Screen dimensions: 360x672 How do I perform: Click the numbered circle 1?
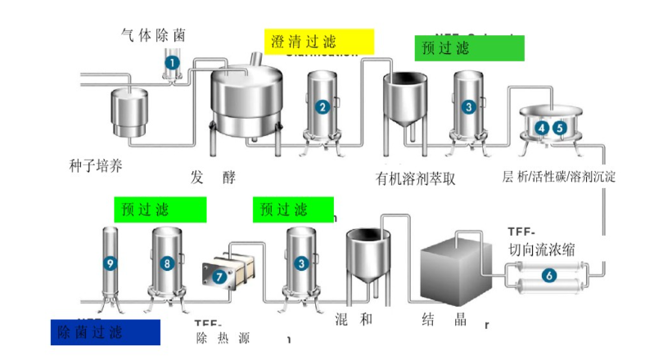click(172, 61)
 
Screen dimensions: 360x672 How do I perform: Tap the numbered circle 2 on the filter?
click(323, 106)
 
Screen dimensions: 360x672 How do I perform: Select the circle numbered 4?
click(543, 128)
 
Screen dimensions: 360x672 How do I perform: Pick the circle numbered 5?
click(560, 128)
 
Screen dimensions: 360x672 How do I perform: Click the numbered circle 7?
click(219, 277)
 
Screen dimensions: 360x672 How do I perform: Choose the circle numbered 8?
click(167, 263)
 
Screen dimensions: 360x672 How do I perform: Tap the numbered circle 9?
click(110, 263)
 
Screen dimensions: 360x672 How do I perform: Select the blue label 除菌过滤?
click(104, 332)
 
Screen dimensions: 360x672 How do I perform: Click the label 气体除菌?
click(153, 35)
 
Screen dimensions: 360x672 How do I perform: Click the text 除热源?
click(223, 338)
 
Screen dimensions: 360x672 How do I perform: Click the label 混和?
click(353, 319)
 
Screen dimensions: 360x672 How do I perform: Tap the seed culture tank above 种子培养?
click(129, 111)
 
